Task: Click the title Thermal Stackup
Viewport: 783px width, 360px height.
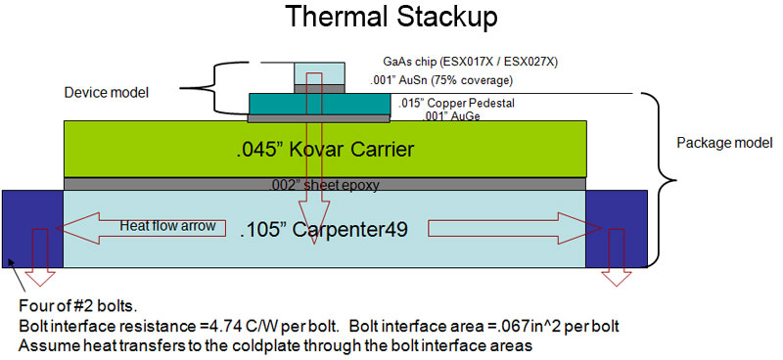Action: click(391, 17)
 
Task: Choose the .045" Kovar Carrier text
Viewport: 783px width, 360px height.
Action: click(325, 150)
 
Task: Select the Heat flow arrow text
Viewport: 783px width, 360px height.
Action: click(153, 226)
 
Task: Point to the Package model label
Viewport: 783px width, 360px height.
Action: click(720, 143)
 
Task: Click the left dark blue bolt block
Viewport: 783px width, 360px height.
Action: click(32, 228)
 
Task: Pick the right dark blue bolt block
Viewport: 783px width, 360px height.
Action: click(616, 228)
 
